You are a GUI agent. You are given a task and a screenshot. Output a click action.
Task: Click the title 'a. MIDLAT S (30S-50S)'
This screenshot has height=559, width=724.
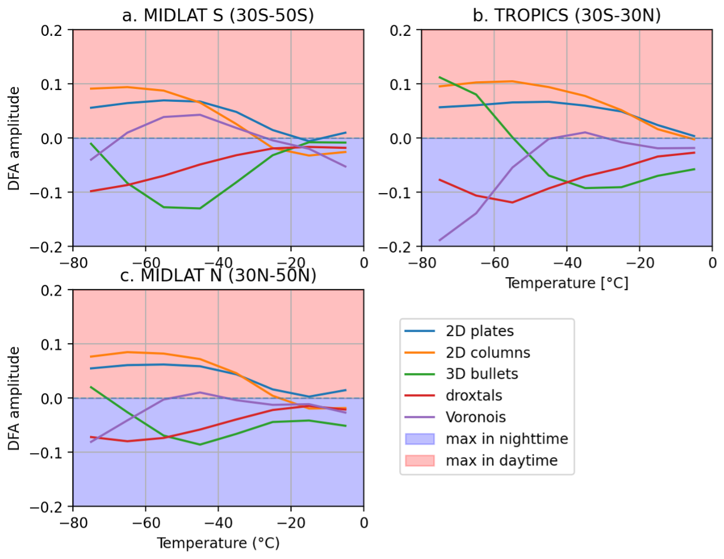pos(217,15)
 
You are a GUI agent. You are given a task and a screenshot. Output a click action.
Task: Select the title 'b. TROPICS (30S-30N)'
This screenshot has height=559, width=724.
pos(567,15)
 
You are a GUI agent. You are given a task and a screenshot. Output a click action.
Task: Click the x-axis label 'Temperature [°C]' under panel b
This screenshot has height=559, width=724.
pos(567,283)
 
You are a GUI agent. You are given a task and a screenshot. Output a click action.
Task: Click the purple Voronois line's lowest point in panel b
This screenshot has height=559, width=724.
pos(440,240)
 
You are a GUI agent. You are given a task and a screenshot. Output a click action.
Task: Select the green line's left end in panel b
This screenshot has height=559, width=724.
pos(440,77)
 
